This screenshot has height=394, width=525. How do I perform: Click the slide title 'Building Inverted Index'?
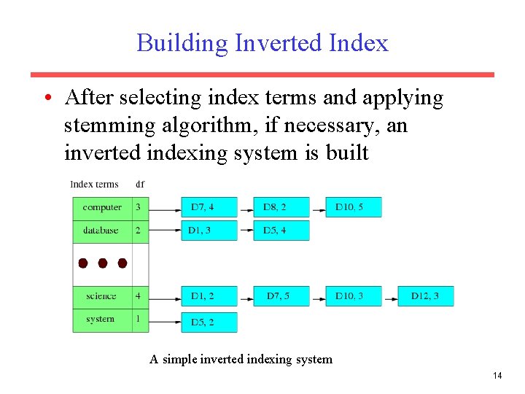pyautogui.click(x=262, y=42)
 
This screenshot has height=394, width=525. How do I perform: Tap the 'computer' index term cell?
pyautogui.click(x=102, y=208)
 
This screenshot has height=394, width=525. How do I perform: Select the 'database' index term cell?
pyautogui.click(x=102, y=231)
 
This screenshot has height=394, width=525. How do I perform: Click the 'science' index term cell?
pyautogui.click(x=102, y=296)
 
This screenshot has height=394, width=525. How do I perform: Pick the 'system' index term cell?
pyautogui.click(x=102, y=320)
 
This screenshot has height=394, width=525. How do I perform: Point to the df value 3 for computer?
pyautogui.click(x=139, y=208)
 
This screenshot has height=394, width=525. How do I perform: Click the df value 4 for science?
pyautogui.click(x=139, y=296)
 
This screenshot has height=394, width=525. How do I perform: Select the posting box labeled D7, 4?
pyautogui.click(x=209, y=208)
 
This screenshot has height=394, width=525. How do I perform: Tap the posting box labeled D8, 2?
pyautogui.click(x=281, y=208)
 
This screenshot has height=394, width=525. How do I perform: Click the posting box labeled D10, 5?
pyautogui.click(x=353, y=208)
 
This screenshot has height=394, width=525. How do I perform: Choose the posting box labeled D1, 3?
pyautogui.click(x=209, y=231)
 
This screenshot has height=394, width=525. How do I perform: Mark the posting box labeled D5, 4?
pyautogui.click(x=281, y=231)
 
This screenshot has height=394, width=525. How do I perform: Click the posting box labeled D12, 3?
pyautogui.click(x=425, y=296)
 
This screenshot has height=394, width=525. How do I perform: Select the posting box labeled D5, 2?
pyautogui.click(x=209, y=322)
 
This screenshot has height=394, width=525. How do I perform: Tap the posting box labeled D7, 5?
pyautogui.click(x=281, y=296)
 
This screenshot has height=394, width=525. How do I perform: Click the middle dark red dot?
pyautogui.click(x=103, y=263)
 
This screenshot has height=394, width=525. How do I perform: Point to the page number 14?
pyautogui.click(x=497, y=376)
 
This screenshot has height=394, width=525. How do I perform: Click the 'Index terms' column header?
pyautogui.click(x=95, y=184)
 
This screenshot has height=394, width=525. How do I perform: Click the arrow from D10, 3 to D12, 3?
pyautogui.click(x=389, y=297)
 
